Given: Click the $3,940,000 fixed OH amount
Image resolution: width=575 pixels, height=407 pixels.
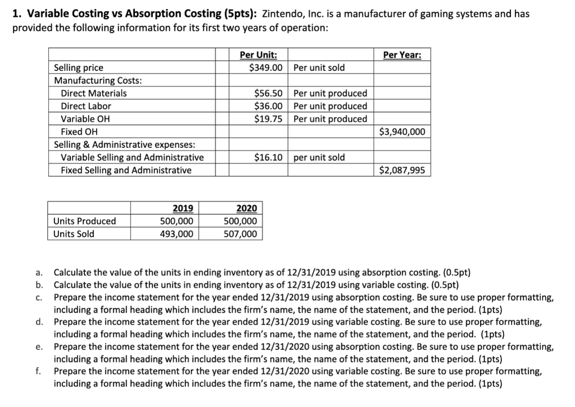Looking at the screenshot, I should (x=402, y=132).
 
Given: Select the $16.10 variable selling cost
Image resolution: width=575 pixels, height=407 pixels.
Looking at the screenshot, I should (x=269, y=158).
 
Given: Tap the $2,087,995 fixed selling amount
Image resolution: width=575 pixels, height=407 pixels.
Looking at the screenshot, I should (x=402, y=170).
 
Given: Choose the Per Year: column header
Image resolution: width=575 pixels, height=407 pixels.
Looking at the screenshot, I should (x=402, y=55).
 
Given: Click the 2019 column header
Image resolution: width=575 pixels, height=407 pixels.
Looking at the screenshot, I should (x=182, y=208).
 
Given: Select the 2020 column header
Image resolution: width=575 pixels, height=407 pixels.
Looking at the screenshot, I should (x=247, y=208).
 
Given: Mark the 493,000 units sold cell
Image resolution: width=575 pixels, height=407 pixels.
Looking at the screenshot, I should (x=177, y=234).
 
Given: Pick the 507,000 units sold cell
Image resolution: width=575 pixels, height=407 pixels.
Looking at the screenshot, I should (x=241, y=234).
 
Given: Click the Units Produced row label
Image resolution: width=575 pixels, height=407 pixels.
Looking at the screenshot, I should (x=85, y=221).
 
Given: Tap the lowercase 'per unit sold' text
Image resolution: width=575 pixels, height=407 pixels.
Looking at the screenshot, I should (x=319, y=158).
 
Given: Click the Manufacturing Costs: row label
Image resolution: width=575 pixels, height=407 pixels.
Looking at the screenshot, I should (x=98, y=80).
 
